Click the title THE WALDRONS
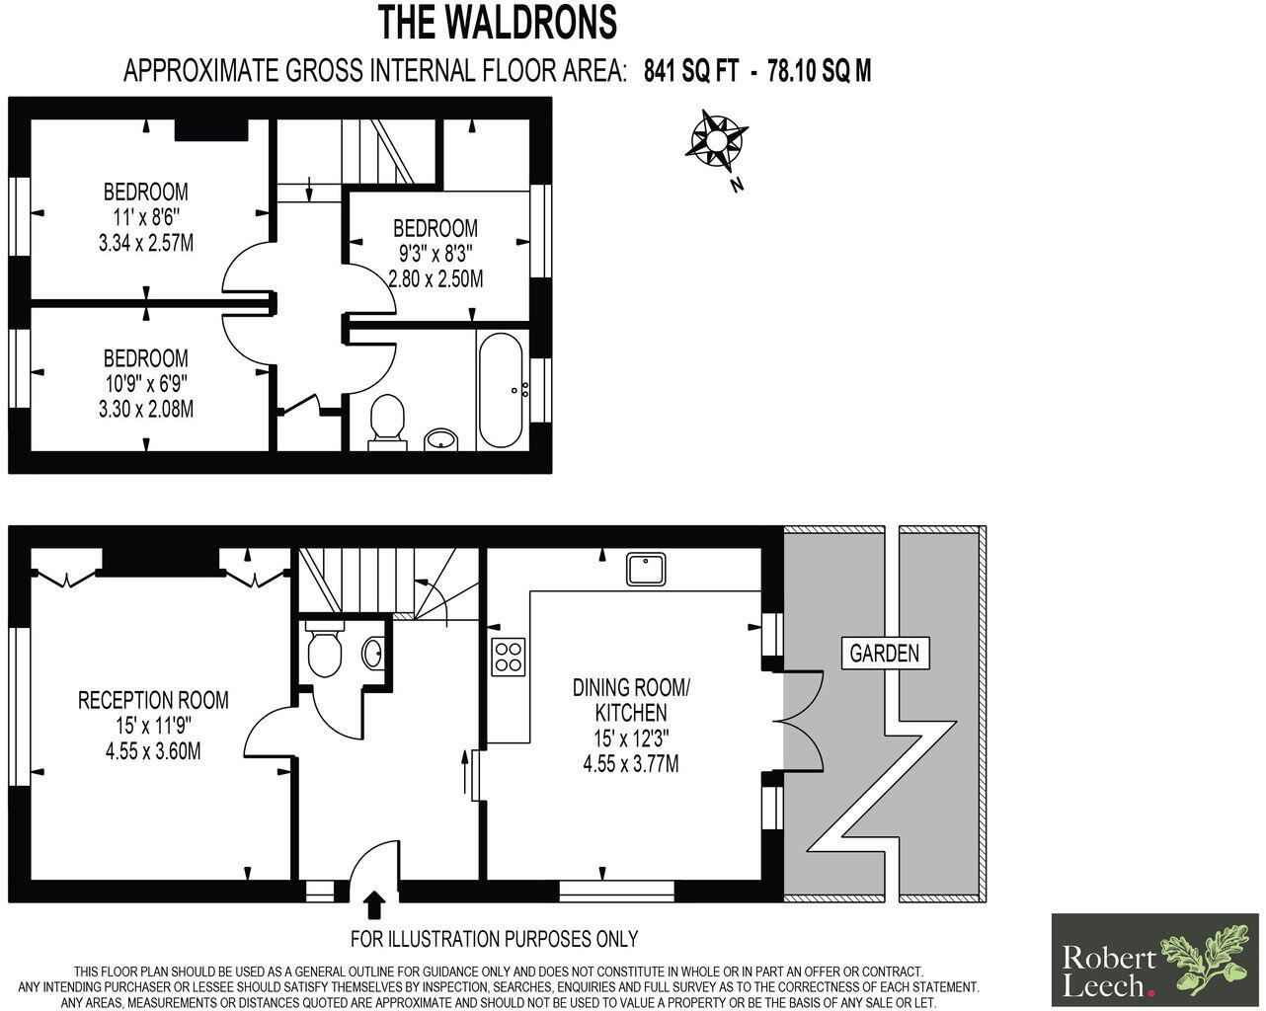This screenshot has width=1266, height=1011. [498, 22]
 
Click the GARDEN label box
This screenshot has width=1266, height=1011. [885, 653]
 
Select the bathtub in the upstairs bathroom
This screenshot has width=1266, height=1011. [502, 390]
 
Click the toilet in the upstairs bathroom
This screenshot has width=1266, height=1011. [386, 421]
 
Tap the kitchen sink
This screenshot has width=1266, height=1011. [647, 568]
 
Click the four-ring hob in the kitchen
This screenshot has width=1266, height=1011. [509, 658]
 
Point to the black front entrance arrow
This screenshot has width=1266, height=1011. [374, 903]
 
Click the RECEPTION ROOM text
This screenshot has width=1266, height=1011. [153, 700]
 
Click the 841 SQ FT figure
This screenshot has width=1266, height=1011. [691, 71]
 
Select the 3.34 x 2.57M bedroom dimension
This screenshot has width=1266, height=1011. [146, 241]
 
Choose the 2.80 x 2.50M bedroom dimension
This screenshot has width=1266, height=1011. [435, 278]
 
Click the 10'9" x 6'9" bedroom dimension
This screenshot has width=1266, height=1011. [146, 383]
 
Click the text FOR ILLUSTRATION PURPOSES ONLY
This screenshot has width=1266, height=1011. [495, 939]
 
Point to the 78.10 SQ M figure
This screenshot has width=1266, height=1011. [819, 71]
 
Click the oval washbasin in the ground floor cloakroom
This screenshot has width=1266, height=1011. [372, 652]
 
